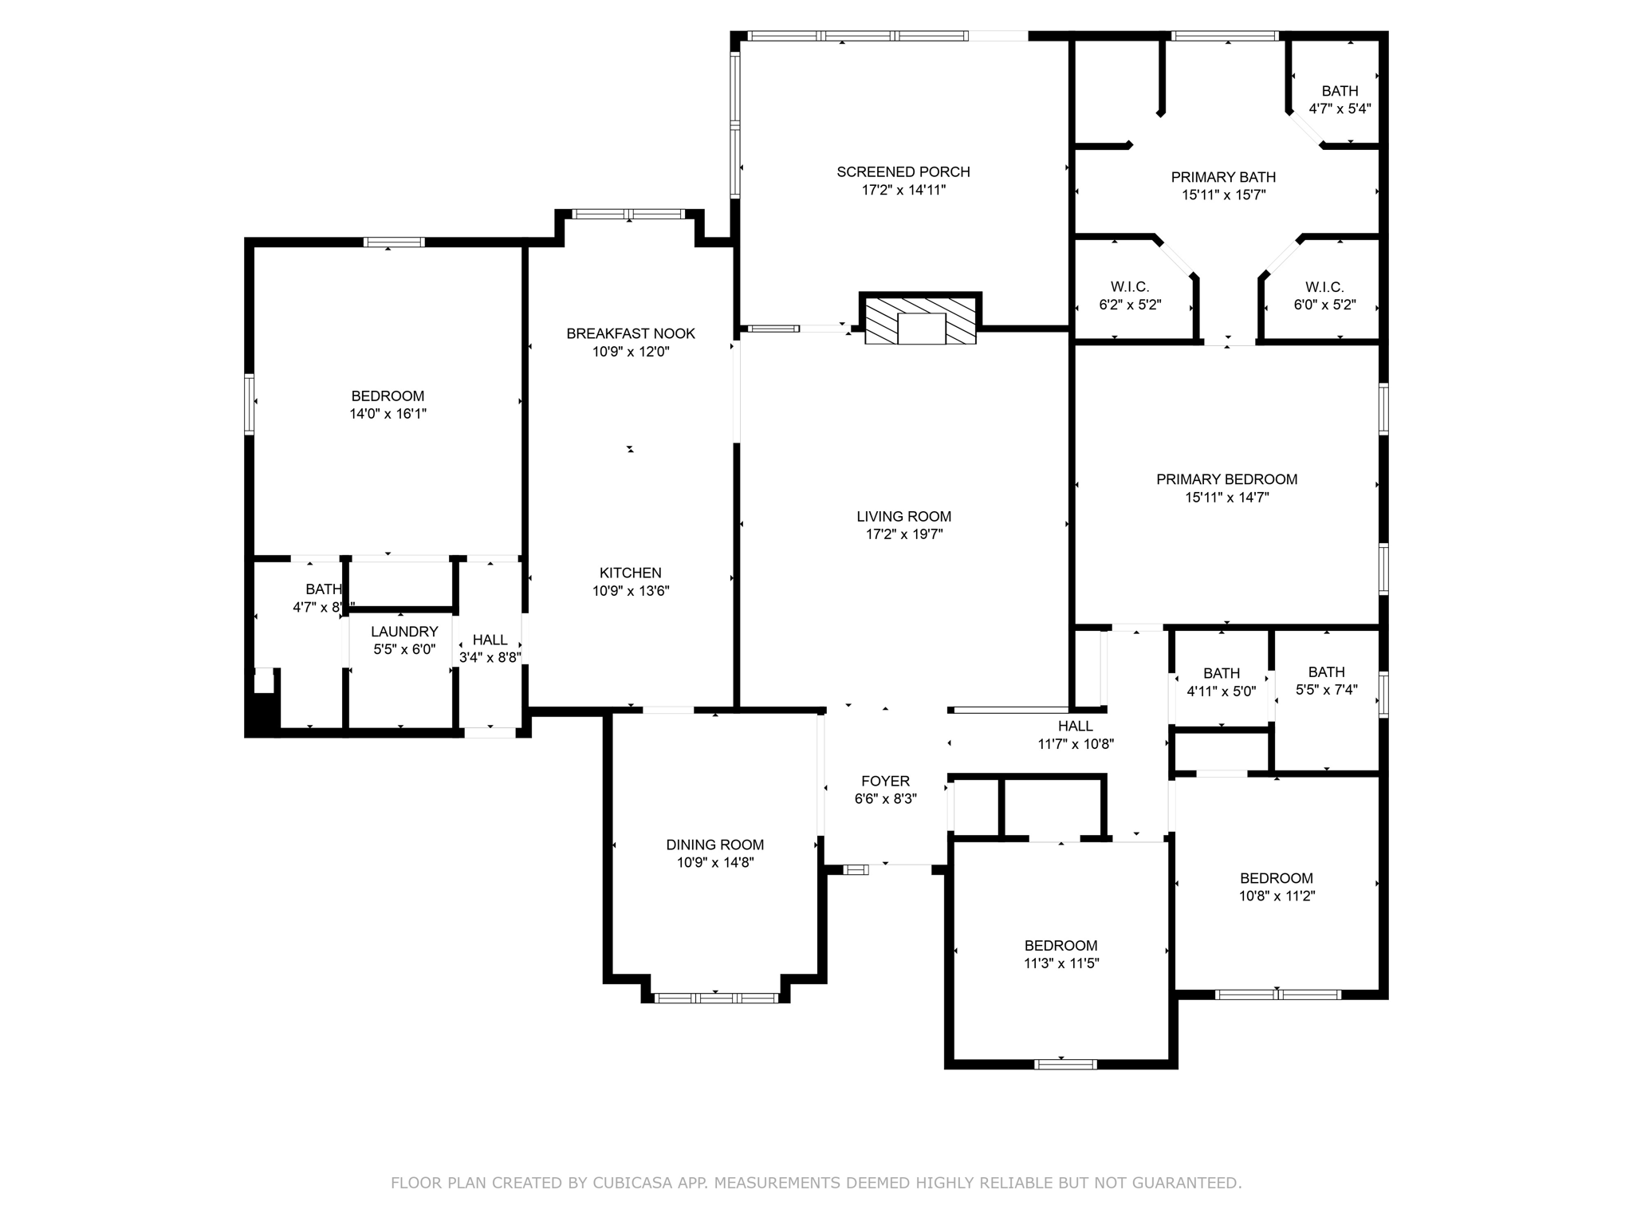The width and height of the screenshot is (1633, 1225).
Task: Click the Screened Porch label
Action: (x=903, y=171)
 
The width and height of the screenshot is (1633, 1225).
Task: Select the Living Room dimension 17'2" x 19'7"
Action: (x=904, y=534)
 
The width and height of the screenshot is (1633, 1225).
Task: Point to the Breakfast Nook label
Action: (x=631, y=333)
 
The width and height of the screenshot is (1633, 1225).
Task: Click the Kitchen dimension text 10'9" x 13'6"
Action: (x=631, y=591)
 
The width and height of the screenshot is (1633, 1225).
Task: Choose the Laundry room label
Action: (x=404, y=632)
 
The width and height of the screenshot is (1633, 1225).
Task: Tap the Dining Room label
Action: (x=714, y=845)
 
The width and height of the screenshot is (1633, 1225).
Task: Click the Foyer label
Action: (x=885, y=781)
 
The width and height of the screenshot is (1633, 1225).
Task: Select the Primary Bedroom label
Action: (x=1226, y=479)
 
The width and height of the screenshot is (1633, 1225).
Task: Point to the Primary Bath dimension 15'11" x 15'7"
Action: (x=1223, y=195)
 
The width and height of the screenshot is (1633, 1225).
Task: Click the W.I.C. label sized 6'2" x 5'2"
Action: (x=1129, y=287)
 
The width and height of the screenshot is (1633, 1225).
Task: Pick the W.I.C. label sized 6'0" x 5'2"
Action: (x=1324, y=287)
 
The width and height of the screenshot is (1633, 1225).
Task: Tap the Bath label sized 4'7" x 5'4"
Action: (x=1340, y=91)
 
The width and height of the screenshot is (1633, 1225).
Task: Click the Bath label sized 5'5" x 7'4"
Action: (x=1326, y=672)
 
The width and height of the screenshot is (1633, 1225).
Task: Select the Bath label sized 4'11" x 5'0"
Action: (x=1222, y=674)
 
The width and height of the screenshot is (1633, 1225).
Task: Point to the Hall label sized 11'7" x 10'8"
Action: (x=1075, y=726)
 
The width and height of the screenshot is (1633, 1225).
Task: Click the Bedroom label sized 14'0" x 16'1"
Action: (x=388, y=396)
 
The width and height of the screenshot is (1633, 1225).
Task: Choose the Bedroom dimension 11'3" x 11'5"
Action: (x=1061, y=963)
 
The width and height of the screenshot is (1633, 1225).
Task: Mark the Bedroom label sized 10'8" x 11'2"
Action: (x=1276, y=878)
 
